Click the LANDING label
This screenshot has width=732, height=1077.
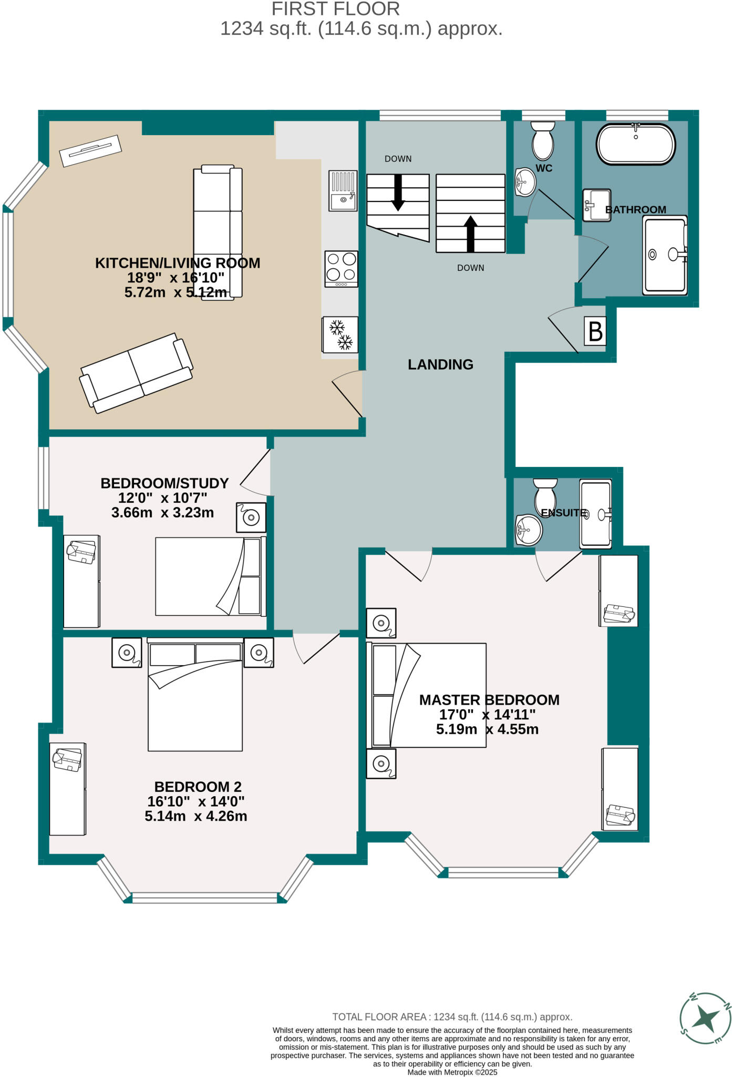click(440, 364)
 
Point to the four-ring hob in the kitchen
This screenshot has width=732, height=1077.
click(342, 269)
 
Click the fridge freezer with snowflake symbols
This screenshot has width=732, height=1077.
click(340, 334)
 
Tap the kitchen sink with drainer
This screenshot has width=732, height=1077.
click(343, 190)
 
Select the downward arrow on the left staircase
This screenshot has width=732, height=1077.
click(398, 192)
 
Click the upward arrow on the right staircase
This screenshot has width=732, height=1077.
click(471, 233)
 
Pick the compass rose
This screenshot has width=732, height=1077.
click(705, 1019)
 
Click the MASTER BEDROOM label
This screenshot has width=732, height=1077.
click(489, 700)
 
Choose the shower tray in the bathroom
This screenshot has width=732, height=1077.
click(665, 256)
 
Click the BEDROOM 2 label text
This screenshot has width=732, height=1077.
click(198, 787)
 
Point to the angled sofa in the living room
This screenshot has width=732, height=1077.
click(136, 373)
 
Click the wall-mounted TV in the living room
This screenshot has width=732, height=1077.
click(90, 150)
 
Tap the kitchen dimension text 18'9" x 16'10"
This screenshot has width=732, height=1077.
click(176, 278)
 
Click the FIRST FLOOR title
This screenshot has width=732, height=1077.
click(335, 9)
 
